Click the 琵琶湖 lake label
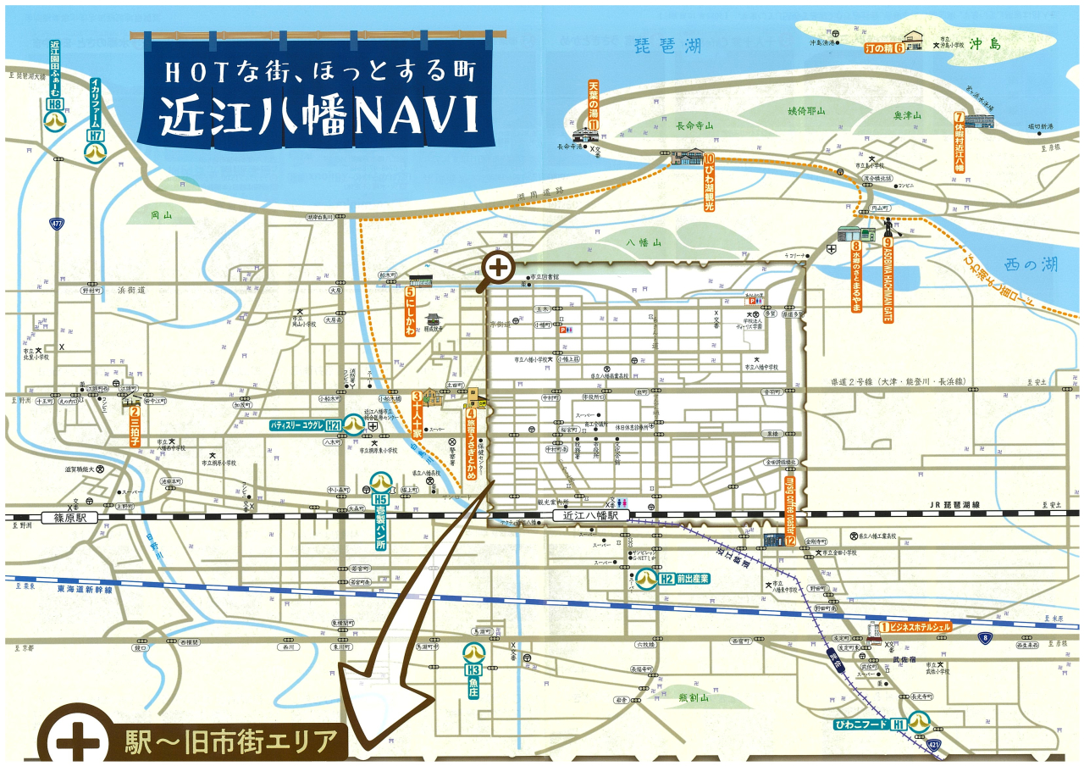[669, 45]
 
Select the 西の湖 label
[1027, 264]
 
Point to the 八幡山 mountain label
[644, 241]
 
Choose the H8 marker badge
[56, 105]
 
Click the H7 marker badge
[96, 135]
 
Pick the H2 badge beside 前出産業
[666, 579]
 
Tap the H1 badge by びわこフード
[897, 724]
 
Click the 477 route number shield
[57, 224]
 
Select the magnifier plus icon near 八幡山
[499, 268]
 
